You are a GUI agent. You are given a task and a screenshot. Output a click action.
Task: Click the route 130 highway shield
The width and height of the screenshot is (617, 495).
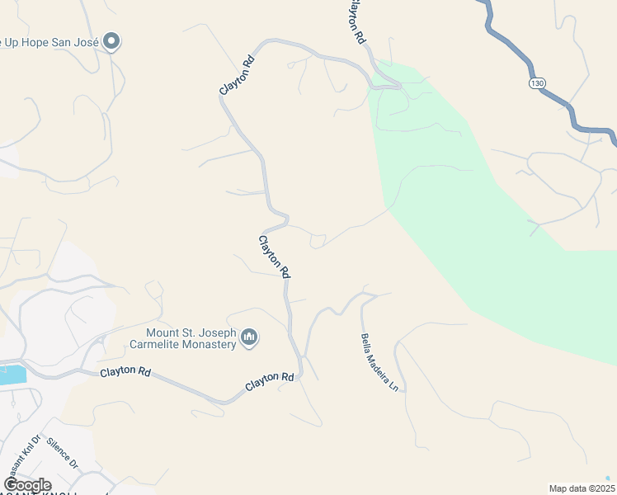coord(538,83)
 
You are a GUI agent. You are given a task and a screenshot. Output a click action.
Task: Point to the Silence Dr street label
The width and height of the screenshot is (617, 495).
coord(62,454)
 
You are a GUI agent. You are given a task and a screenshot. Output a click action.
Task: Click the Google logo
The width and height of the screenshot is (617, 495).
coord(26,485)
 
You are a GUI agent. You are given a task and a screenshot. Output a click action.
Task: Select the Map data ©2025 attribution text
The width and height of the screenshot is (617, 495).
coord(581,488)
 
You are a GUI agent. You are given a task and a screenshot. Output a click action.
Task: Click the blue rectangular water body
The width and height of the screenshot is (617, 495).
coord(12,374)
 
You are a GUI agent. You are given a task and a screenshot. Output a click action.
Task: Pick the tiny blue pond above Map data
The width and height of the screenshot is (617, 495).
coord(608,478)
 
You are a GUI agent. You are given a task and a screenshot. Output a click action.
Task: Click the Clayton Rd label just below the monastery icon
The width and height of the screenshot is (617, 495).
coord(271,382)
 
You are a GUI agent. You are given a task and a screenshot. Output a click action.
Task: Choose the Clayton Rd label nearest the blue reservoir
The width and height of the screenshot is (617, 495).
coord(125,372)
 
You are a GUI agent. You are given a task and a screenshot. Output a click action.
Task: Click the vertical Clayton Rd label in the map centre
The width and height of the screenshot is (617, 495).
coord(275,256)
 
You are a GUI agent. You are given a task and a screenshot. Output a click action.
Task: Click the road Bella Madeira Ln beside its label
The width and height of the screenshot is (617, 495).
coord(398,363)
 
